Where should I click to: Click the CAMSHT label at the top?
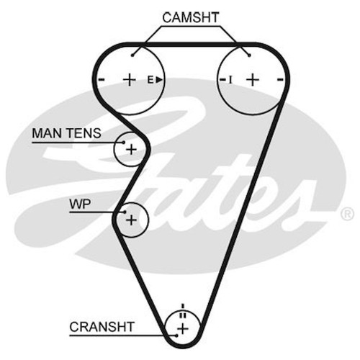(x=191, y=17)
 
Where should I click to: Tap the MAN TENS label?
(x=66, y=133)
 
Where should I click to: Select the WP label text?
(x=80, y=204)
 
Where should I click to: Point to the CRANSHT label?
(x=102, y=327)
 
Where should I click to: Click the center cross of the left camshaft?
(x=130, y=80)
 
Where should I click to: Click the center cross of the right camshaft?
(x=253, y=80)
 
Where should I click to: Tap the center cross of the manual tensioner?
(x=131, y=150)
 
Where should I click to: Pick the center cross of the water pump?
(x=131, y=220)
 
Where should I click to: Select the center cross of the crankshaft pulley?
(x=183, y=329)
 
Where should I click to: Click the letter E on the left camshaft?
(x=150, y=80)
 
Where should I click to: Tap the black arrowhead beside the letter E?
(x=159, y=80)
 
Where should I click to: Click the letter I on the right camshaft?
(x=230, y=80)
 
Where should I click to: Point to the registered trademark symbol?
(x=347, y=213)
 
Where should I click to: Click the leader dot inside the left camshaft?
(x=132, y=55)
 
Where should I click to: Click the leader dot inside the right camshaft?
(x=250, y=55)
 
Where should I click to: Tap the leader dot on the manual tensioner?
(x=124, y=143)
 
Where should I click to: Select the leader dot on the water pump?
(x=125, y=212)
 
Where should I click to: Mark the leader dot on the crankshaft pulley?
(x=177, y=336)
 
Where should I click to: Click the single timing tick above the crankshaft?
(x=183, y=306)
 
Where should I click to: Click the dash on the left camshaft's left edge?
(x=102, y=79)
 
